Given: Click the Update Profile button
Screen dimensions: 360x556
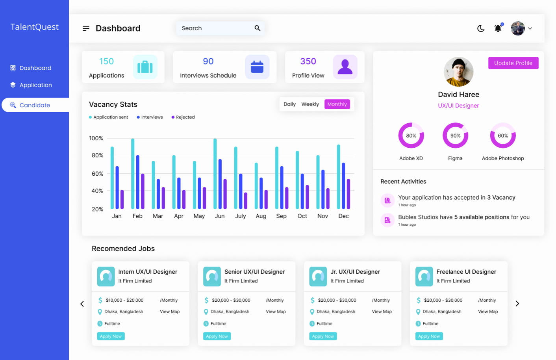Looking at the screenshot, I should [x=513, y=63].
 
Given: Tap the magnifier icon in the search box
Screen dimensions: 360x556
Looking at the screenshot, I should [x=257, y=28].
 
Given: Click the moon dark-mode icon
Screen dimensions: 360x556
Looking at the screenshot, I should [x=481, y=28].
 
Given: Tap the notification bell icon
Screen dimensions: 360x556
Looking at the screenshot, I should [x=498, y=28].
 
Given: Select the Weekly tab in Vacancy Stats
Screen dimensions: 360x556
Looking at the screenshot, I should [x=310, y=104].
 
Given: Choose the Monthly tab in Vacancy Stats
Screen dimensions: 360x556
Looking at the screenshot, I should [x=337, y=104].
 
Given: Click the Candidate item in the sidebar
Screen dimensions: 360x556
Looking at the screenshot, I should [x=35, y=105].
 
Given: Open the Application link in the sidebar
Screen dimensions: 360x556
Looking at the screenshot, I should [x=35, y=85].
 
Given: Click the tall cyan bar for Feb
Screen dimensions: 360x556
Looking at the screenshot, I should [x=133, y=173].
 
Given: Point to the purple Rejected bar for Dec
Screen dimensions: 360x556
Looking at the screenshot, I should [x=348, y=194].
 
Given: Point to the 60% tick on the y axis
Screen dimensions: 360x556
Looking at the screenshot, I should [x=97, y=174].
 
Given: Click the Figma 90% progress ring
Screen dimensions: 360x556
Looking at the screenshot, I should [x=455, y=135].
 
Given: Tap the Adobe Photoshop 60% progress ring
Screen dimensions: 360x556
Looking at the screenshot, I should [x=503, y=135].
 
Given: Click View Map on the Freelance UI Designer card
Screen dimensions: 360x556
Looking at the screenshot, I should [x=488, y=312].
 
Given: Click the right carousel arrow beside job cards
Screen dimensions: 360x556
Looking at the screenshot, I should [x=517, y=304].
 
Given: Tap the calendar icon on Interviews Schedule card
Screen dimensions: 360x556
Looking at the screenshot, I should [x=257, y=67].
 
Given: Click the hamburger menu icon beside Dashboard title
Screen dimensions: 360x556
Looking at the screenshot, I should [x=86, y=28].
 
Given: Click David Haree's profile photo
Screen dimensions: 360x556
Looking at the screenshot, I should [x=458, y=72].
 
